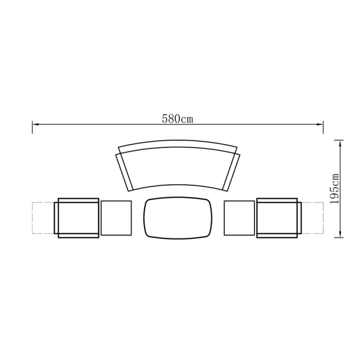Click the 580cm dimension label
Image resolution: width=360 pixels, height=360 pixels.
(x=177, y=119)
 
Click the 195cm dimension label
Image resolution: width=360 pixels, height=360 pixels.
(x=334, y=189)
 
